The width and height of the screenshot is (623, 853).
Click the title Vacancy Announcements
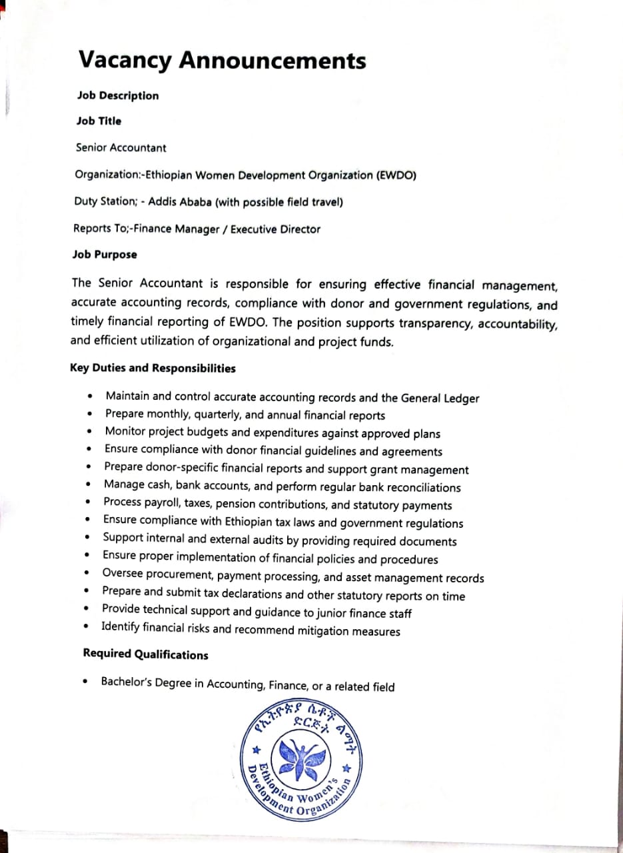(x=223, y=61)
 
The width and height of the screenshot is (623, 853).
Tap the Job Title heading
(x=99, y=121)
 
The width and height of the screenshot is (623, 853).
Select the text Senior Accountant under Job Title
(x=121, y=148)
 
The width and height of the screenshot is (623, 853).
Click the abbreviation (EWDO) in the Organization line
(x=396, y=175)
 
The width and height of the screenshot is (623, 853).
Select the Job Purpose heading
(x=105, y=255)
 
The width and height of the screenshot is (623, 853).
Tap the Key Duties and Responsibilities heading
(x=153, y=368)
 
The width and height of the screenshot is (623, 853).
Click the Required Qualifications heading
(x=145, y=654)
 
